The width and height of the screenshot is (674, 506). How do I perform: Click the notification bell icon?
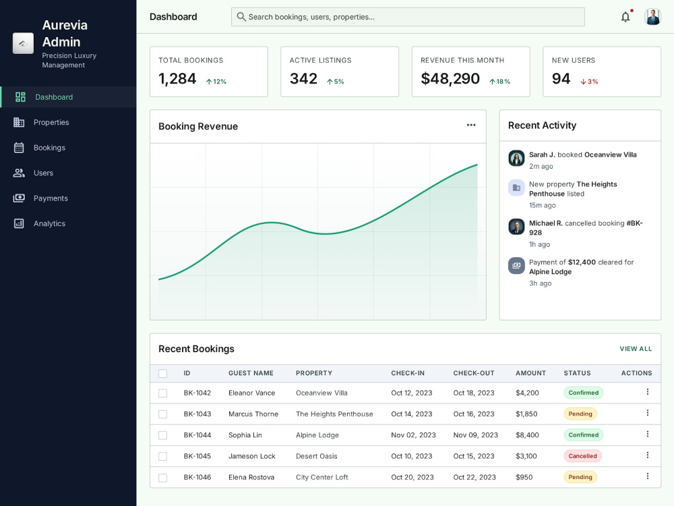click(625, 17)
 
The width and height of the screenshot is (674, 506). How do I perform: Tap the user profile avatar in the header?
click(652, 17)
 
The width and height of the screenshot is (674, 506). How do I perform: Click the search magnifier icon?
click(241, 17)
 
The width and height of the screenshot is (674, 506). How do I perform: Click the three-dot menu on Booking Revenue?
click(471, 125)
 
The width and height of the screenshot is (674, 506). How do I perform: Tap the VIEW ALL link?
click(636, 349)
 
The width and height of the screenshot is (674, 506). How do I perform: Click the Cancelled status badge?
click(582, 455)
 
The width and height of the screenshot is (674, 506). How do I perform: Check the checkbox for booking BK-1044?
click(162, 435)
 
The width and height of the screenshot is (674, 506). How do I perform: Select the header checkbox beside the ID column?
click(162, 374)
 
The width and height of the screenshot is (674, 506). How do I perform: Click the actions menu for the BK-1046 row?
click(647, 476)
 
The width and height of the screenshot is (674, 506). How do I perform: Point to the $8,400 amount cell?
click(527, 435)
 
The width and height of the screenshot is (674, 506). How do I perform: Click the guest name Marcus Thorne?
click(253, 414)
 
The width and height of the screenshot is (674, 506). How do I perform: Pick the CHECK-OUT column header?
click(474, 373)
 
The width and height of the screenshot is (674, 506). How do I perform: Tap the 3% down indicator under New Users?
click(589, 82)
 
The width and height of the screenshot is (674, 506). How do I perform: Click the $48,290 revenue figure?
click(450, 79)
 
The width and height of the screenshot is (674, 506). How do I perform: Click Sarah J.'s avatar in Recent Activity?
click(516, 158)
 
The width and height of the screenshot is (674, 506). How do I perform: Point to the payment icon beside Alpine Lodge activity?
click(516, 265)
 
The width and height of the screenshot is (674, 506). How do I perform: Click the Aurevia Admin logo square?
click(23, 43)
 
